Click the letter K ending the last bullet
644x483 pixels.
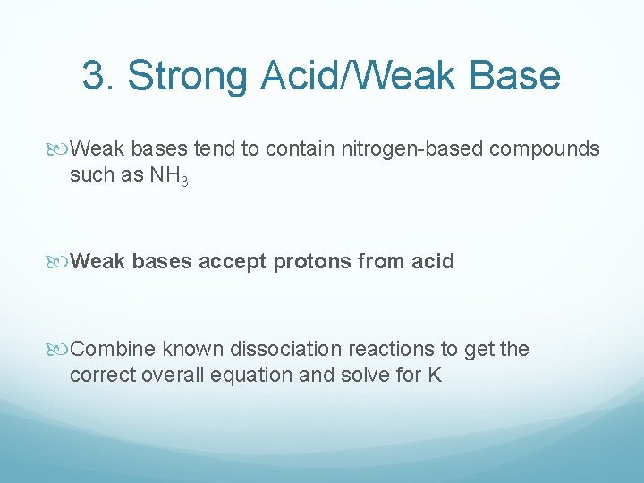pyautogui.click(x=435, y=375)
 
